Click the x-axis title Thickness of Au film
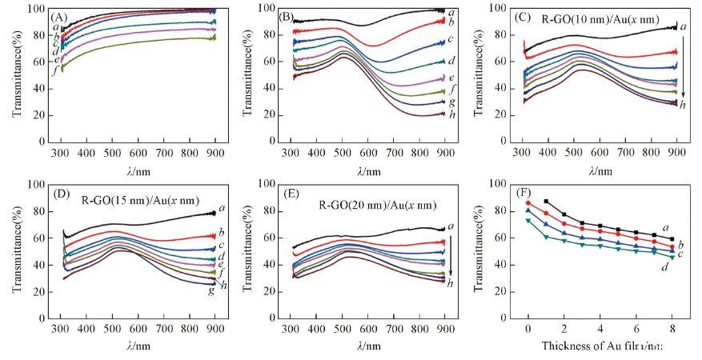coord(592,346)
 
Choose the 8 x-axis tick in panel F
coord(672,328)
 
